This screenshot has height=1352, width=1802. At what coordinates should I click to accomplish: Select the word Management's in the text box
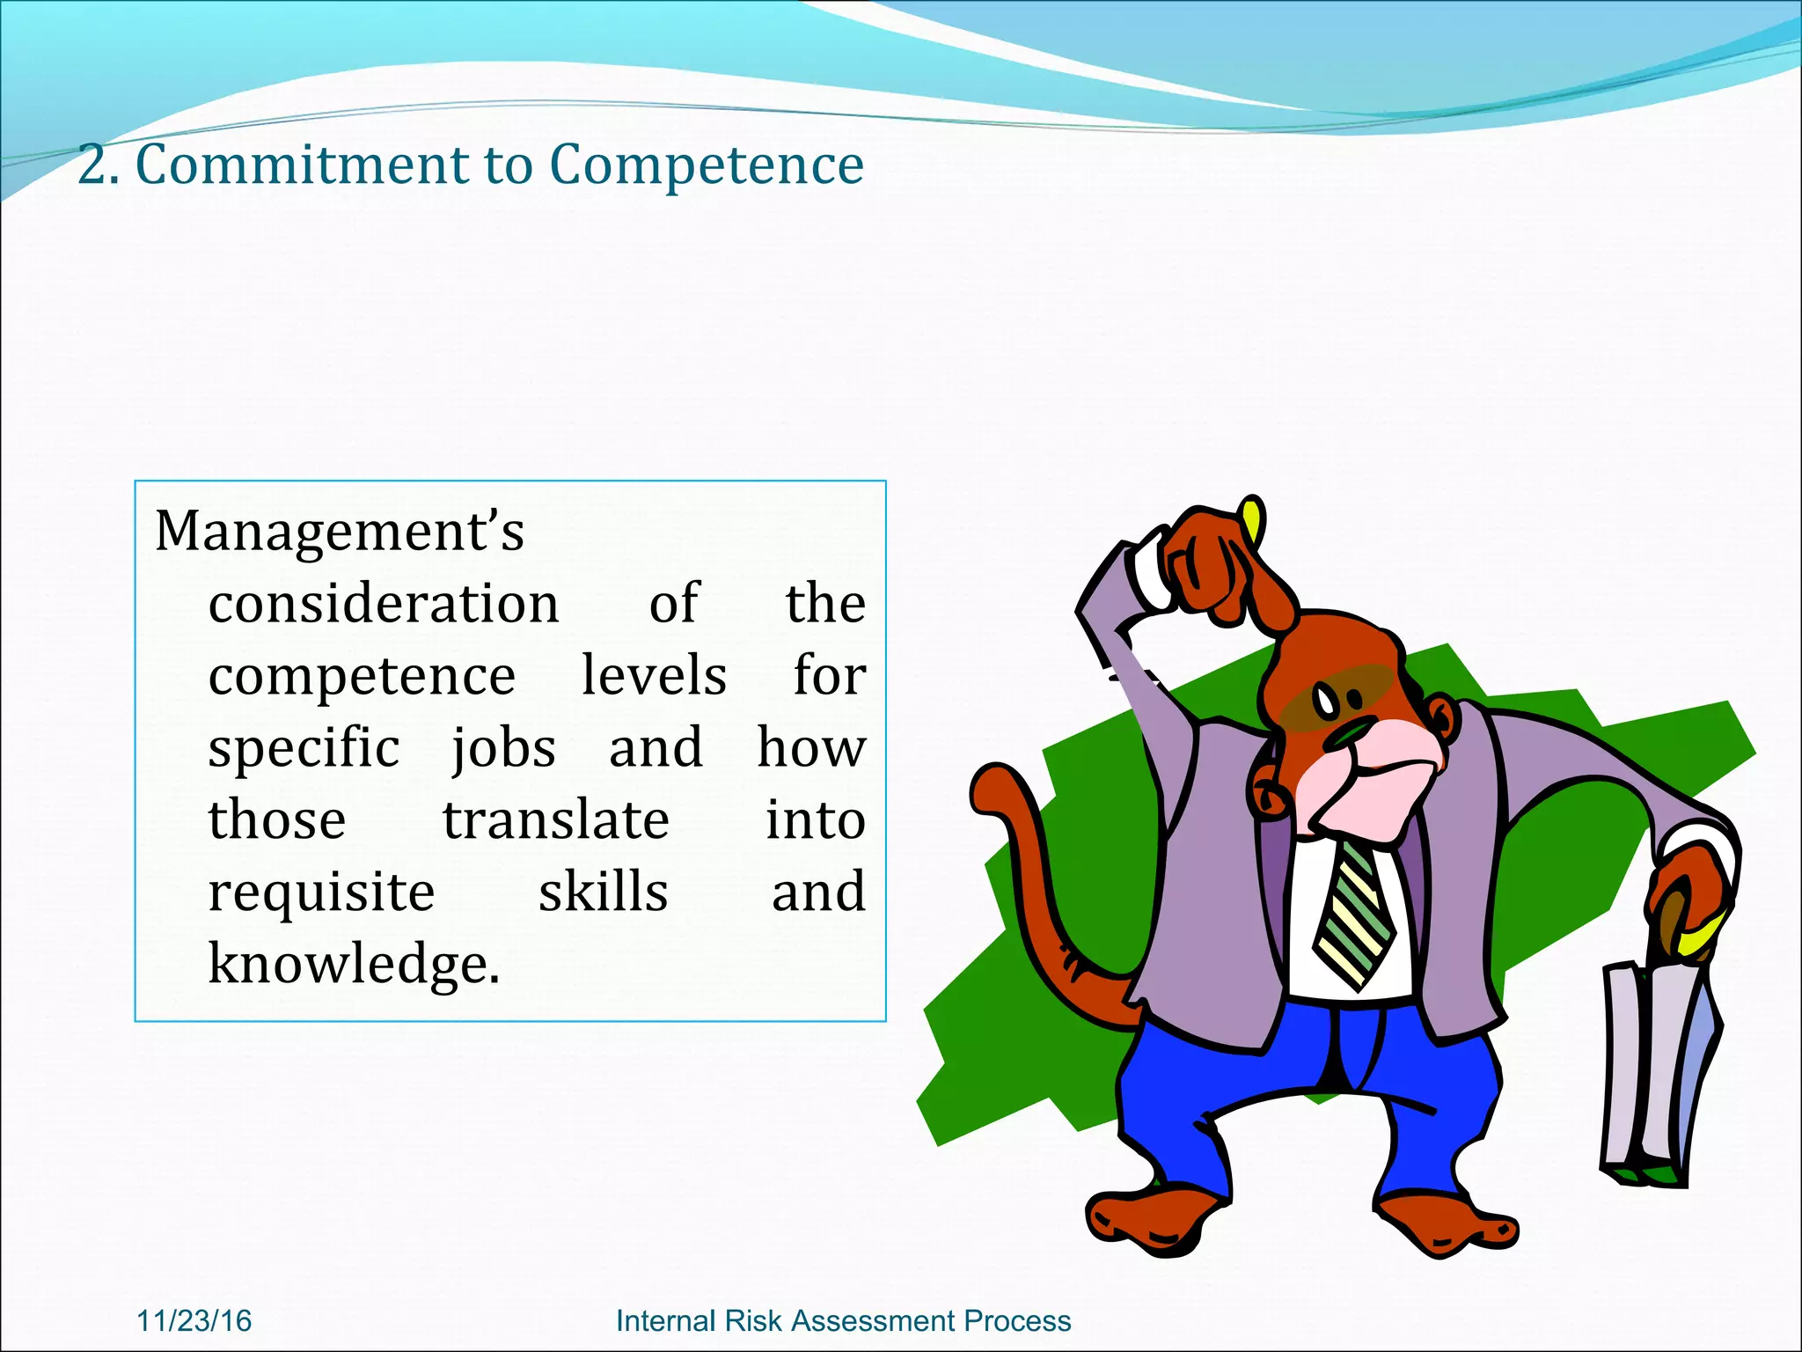point(340,532)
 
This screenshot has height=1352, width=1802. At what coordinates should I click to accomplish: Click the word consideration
point(384,604)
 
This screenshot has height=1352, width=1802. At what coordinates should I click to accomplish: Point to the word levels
point(654,676)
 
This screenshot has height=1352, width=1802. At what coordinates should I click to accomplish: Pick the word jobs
point(503,750)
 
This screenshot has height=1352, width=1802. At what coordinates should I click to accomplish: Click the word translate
point(555,820)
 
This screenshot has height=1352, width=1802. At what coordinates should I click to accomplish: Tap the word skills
point(604,892)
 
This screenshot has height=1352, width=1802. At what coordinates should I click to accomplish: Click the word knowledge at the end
point(354,964)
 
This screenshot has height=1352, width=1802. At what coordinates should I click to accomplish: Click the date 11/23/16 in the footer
point(194,1320)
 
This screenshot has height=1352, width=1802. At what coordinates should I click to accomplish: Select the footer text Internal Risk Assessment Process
point(843,1320)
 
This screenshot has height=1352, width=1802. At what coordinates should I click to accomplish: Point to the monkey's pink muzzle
point(1381,775)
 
